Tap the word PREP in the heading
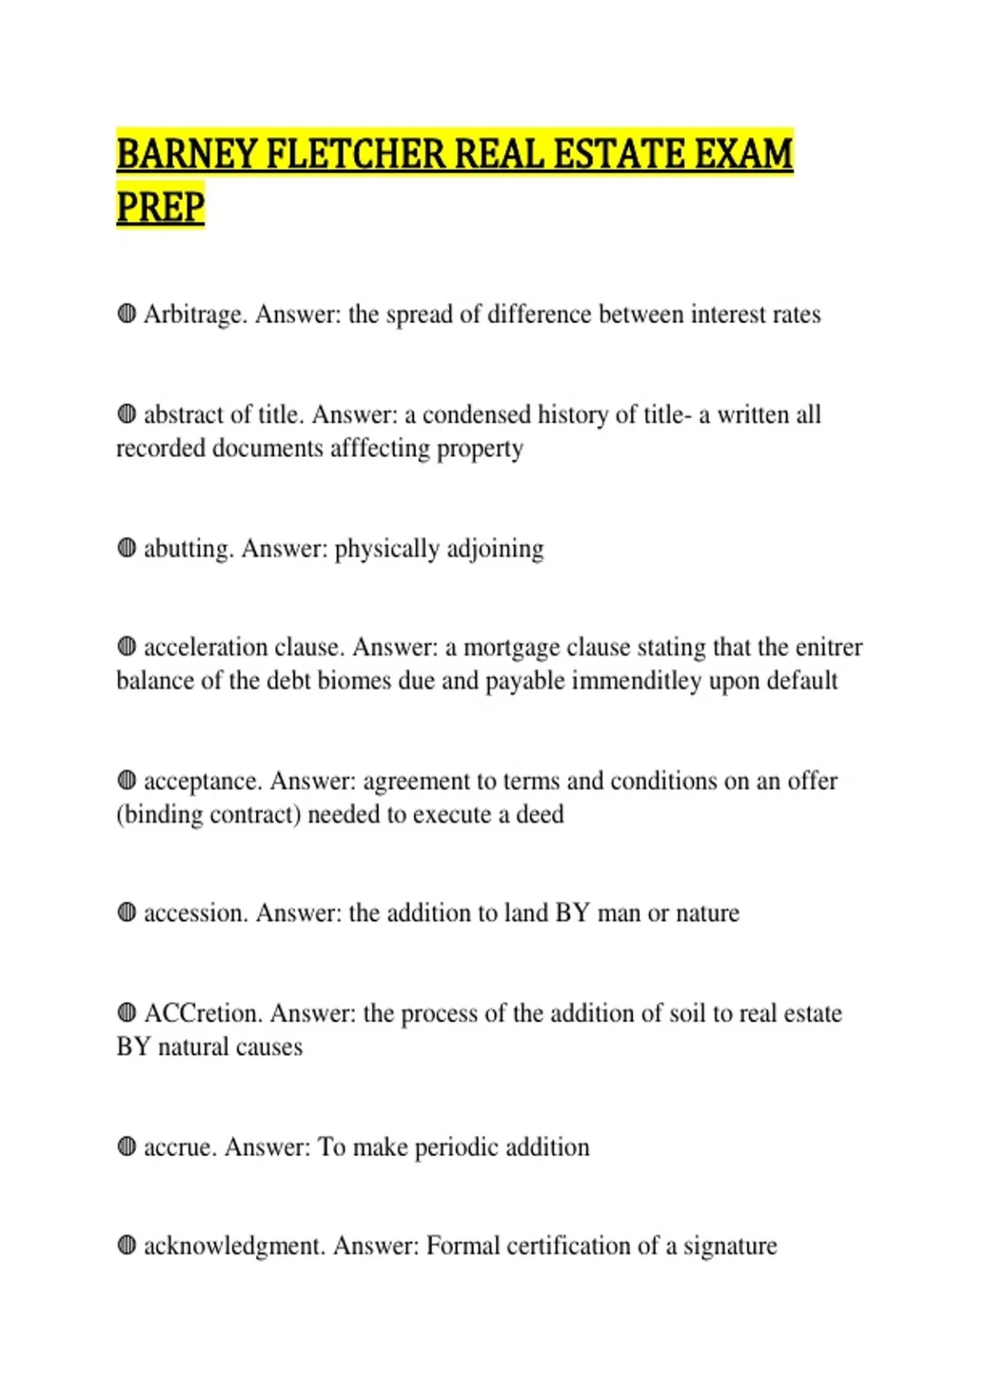point(160,206)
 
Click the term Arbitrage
point(195,314)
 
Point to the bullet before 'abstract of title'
point(126,414)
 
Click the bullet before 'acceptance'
point(126,780)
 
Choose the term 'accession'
point(195,913)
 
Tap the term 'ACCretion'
point(203,1013)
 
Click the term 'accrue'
point(180,1147)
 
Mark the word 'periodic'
point(456,1147)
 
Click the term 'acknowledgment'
point(235,1246)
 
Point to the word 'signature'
point(730,1246)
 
